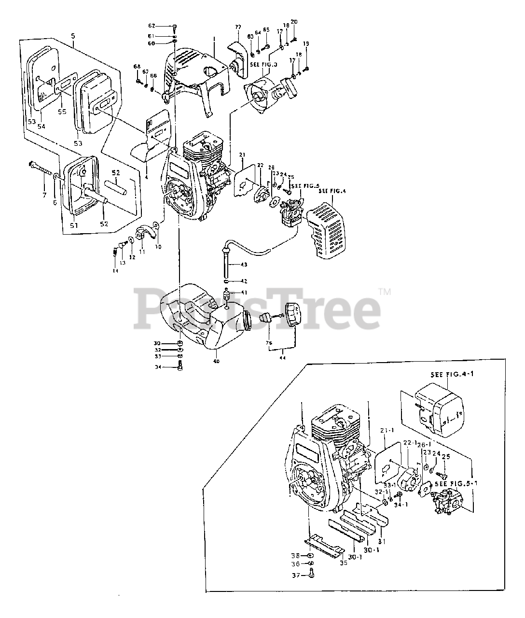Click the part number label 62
click(138, 25)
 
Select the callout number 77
click(238, 27)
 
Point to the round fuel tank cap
click(292, 315)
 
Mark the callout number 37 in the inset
click(297, 575)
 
